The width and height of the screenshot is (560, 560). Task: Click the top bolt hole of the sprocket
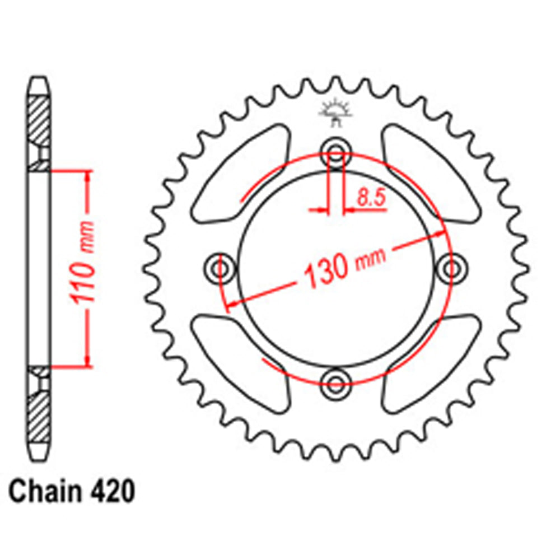click(x=335, y=150)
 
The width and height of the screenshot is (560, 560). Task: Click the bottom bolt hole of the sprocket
click(x=335, y=384)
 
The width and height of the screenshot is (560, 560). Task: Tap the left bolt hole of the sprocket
click(x=218, y=268)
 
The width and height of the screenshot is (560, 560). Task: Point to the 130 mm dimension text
click(x=343, y=268)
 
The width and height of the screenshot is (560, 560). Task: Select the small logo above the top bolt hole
click(x=334, y=109)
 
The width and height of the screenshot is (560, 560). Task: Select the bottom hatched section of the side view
click(x=39, y=417)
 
